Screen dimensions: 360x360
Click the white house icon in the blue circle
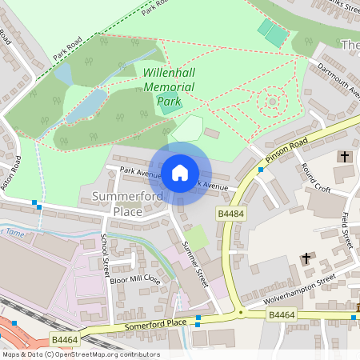pos(179,171)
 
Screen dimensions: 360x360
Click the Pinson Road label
pos(288,149)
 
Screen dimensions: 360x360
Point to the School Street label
pos(105,254)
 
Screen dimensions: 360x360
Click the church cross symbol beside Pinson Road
pos(345,156)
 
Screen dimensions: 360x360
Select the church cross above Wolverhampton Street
pos(306,258)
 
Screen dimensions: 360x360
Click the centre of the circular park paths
pos(272,102)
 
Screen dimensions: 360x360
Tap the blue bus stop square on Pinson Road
pos(261,170)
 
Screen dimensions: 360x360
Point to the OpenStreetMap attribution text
pos(81,354)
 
